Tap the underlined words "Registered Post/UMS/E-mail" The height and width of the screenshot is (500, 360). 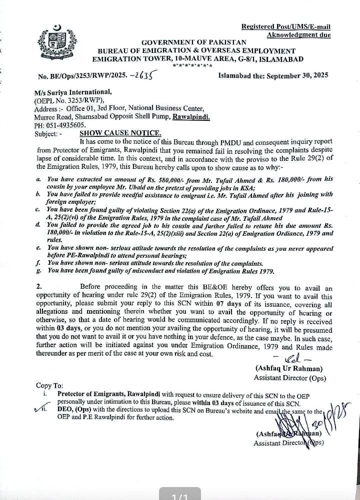point(285,27)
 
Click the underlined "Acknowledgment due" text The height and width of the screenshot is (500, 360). point(298,35)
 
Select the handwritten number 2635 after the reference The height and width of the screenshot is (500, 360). point(140,75)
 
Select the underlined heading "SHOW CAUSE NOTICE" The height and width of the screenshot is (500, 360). point(120,133)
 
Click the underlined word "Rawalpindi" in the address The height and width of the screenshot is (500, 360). point(191,117)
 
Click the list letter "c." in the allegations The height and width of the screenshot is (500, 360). point(38,209)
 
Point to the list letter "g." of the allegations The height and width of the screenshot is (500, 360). point(38,271)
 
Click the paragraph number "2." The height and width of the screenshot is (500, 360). point(39,287)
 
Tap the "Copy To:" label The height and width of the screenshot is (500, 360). point(49,386)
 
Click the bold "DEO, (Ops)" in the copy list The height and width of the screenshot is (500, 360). point(75,411)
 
